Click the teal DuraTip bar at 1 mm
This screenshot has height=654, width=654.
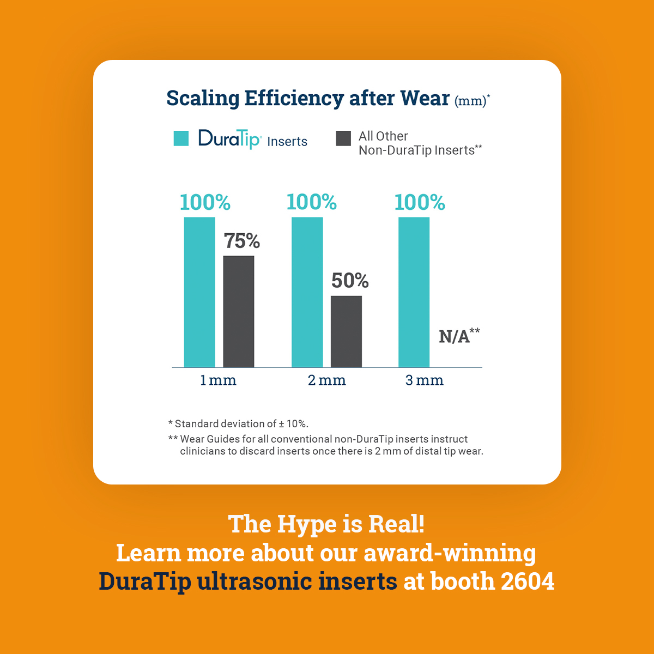199,292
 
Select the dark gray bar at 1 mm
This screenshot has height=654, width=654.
239,311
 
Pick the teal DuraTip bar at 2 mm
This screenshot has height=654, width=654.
307,292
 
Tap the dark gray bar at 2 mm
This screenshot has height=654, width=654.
346,331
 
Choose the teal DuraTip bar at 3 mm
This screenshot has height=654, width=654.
414,292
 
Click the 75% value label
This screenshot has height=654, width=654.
242,241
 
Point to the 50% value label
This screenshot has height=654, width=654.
350,281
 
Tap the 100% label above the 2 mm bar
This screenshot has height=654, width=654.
312,202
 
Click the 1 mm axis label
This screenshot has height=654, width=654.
218,380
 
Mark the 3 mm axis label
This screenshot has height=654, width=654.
425,380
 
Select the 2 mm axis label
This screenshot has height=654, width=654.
327,380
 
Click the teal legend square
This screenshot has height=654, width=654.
181,138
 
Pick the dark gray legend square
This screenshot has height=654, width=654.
343,138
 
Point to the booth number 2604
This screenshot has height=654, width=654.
527,582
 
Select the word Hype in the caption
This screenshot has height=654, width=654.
307,524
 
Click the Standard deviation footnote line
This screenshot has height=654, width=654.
238,423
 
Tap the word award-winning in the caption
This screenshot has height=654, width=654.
450,553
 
